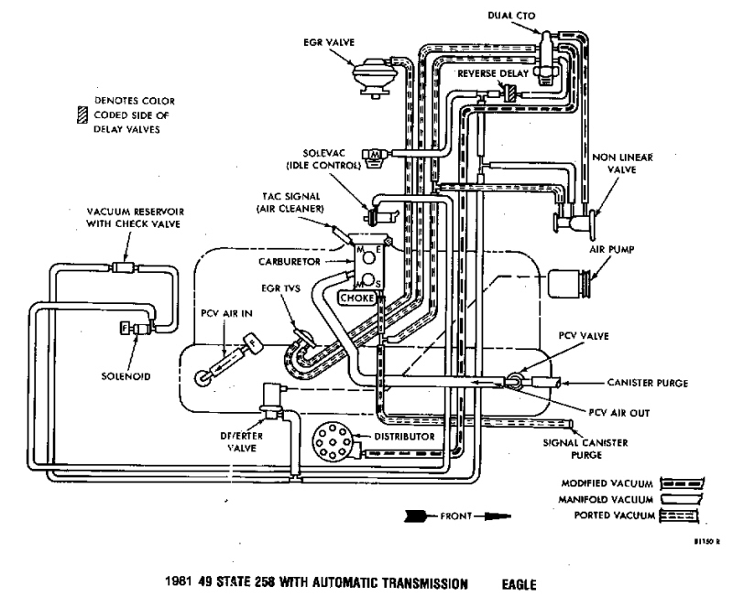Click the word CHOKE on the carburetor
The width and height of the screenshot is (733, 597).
pyautogui.click(x=354, y=298)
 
